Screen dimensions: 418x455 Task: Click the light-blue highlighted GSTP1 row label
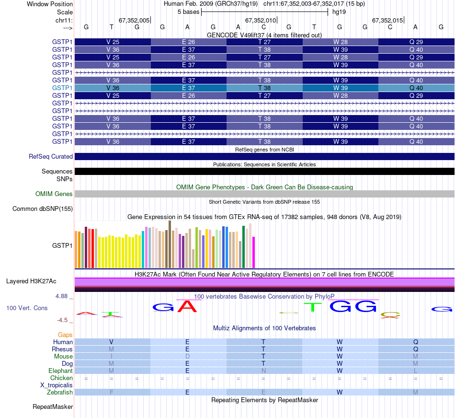[x=62, y=88]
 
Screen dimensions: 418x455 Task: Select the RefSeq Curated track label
[x=51, y=156]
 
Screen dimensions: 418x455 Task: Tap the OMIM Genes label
[x=54, y=194]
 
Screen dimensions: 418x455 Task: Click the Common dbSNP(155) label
[x=43, y=209]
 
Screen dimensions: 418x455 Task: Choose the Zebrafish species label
[x=61, y=393]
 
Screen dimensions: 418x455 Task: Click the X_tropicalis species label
[x=57, y=385]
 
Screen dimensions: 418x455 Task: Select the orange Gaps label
[x=65, y=335]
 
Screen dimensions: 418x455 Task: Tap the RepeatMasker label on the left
[x=53, y=407]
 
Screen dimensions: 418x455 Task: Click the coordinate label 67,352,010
[x=261, y=21]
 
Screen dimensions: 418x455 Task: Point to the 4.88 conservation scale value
[x=64, y=296]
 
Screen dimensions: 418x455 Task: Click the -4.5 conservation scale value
[x=64, y=320]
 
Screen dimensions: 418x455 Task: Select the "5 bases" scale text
[x=186, y=12]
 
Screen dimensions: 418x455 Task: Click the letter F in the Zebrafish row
[x=112, y=393]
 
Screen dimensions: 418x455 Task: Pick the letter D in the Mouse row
[x=187, y=357]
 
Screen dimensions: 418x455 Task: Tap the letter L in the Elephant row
[x=416, y=371]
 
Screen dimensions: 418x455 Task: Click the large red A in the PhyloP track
[x=187, y=306]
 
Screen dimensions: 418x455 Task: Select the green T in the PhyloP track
[x=312, y=306]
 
